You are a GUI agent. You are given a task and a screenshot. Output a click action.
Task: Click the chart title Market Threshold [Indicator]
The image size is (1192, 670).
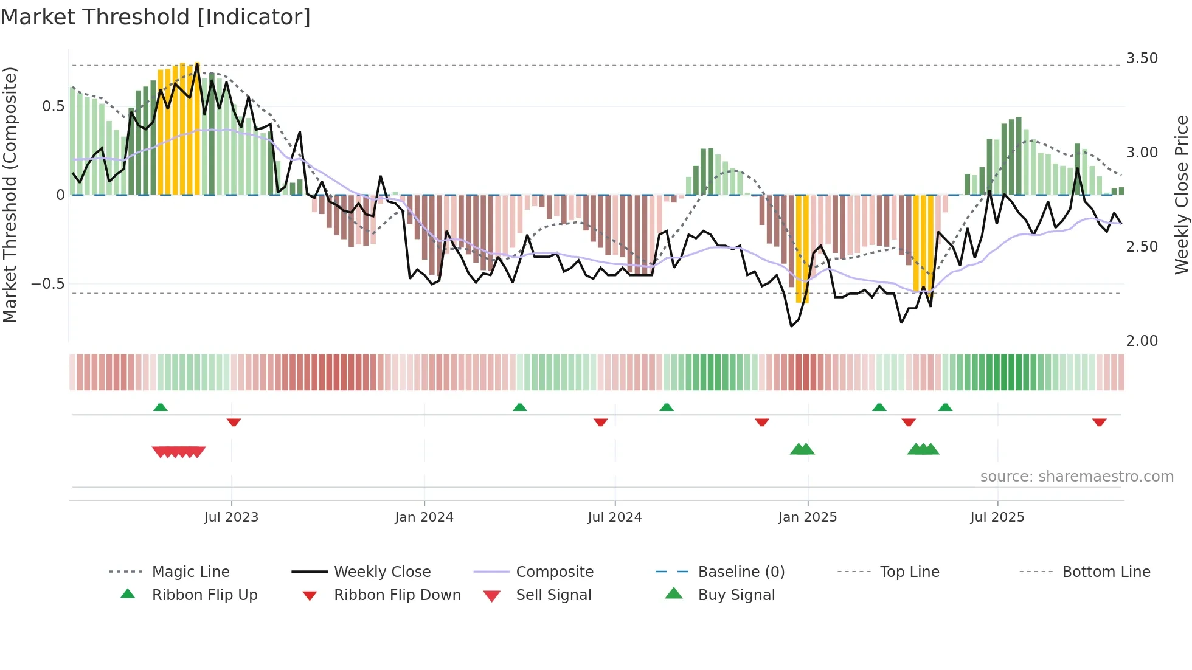pos(156,17)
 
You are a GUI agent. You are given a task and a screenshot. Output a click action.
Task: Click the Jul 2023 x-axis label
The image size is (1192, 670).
pos(231,517)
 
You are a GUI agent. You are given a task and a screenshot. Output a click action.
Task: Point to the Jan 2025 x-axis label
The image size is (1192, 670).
pos(807,517)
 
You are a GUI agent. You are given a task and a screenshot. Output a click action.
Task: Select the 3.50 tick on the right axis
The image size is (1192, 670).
pos(1142,58)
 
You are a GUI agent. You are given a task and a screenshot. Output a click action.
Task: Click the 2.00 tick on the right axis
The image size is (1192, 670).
pos(1142,341)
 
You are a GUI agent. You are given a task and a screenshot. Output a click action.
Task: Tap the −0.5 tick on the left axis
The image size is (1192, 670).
pos(48,284)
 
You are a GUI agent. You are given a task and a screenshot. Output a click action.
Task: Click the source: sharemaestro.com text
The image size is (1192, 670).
pos(1076,477)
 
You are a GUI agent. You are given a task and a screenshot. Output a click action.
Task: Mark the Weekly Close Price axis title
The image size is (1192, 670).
pos(1181,195)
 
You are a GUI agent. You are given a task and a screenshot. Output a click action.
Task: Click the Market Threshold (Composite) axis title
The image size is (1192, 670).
pos(10,195)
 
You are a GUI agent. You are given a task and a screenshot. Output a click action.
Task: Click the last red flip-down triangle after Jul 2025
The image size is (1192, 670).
pos(1099,422)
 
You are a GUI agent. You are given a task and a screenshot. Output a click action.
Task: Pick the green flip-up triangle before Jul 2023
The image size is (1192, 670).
pos(161,407)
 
